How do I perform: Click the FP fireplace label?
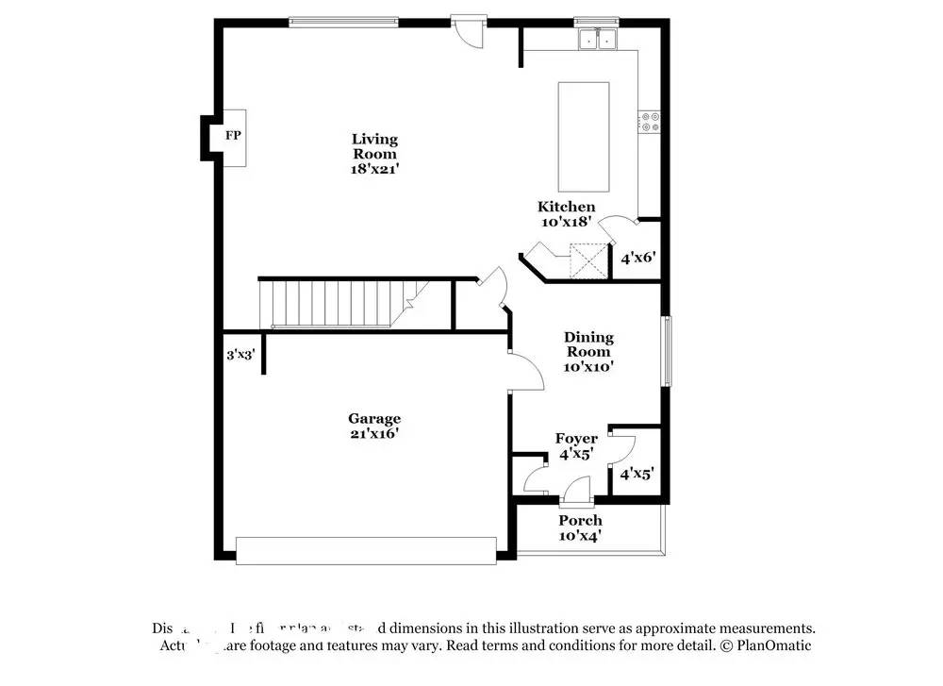(233, 136)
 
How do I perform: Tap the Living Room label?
(374, 146)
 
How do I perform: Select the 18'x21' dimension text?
(374, 170)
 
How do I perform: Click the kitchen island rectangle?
(584, 137)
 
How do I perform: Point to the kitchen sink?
(597, 39)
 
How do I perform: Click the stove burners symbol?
(650, 121)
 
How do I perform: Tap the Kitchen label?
(566, 207)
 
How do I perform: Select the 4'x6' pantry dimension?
(638, 256)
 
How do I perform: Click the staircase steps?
(330, 304)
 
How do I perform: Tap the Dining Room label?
(588, 344)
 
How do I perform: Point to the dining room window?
(666, 351)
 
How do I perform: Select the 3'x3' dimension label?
(240, 356)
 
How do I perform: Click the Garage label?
(374, 418)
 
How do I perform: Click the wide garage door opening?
(366, 550)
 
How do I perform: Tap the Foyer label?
(576, 439)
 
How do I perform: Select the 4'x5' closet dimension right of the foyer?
(637, 475)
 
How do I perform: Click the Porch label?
(580, 520)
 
